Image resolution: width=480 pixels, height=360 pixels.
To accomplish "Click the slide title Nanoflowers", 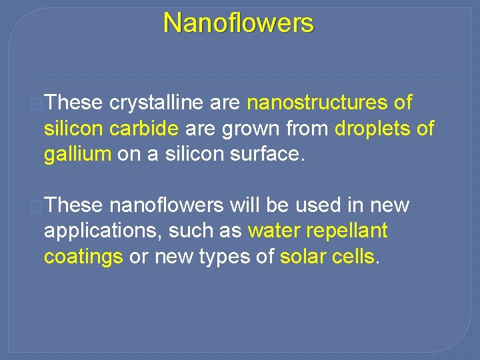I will [x=238, y=23].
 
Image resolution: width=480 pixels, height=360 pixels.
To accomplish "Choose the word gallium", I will [x=77, y=155].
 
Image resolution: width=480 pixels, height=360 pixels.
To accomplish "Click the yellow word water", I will [x=274, y=231].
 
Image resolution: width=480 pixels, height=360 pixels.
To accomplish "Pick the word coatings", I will [x=83, y=257].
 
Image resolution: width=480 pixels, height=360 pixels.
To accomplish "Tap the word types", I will [x=241, y=257].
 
